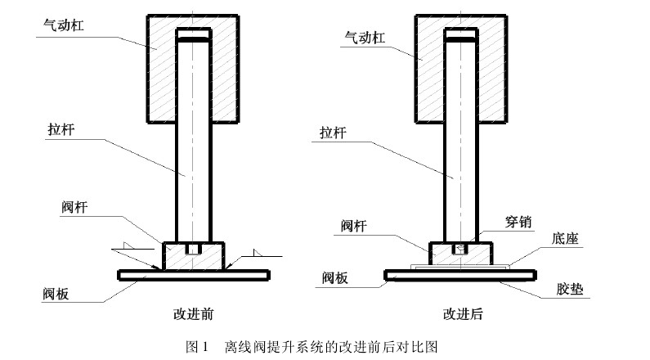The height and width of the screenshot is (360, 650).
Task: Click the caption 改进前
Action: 194,313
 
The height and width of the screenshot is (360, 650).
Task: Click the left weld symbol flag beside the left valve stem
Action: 123,245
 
